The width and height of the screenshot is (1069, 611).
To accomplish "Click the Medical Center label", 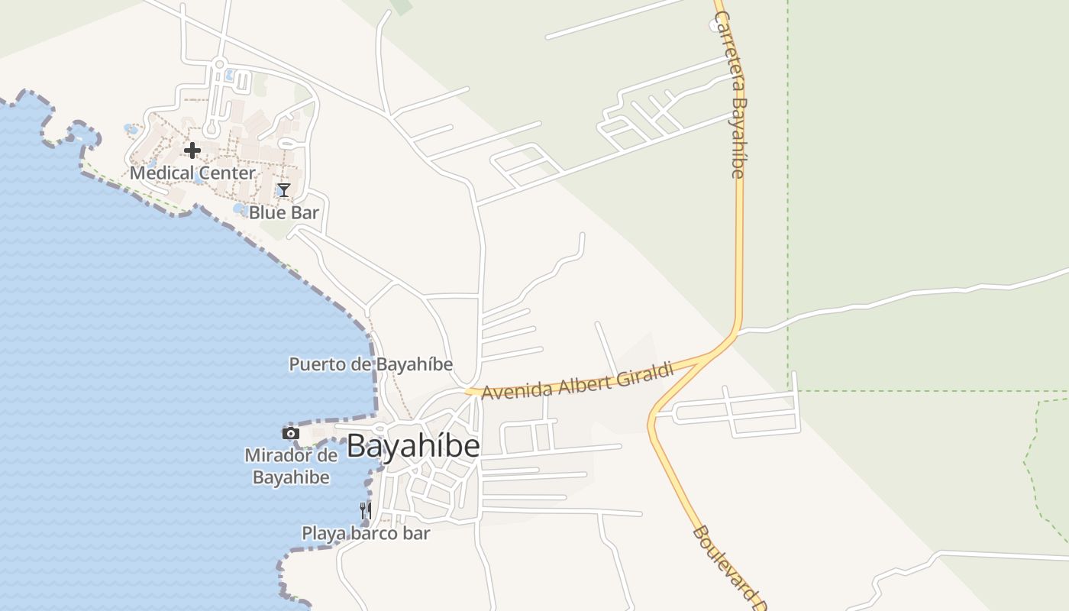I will [x=192, y=173].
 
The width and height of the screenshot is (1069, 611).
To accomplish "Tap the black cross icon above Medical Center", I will [x=192, y=150].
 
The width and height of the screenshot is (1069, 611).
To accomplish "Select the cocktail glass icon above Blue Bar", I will [x=284, y=189].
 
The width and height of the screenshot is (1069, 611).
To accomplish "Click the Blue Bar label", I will [x=283, y=212].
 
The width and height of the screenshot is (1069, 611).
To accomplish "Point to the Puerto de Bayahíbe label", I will [x=370, y=364].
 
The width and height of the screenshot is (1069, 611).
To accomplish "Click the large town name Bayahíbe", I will [x=413, y=447].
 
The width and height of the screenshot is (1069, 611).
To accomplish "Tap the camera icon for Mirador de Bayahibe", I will [x=290, y=433].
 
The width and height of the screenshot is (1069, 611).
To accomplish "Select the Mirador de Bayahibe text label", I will [x=291, y=467].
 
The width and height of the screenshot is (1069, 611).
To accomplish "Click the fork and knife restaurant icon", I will [x=366, y=509].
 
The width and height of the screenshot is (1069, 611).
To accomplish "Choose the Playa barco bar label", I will [x=366, y=533].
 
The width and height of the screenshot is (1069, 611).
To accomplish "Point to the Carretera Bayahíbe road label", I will [x=730, y=95].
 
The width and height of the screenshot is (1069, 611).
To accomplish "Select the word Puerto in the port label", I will [x=312, y=364].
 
